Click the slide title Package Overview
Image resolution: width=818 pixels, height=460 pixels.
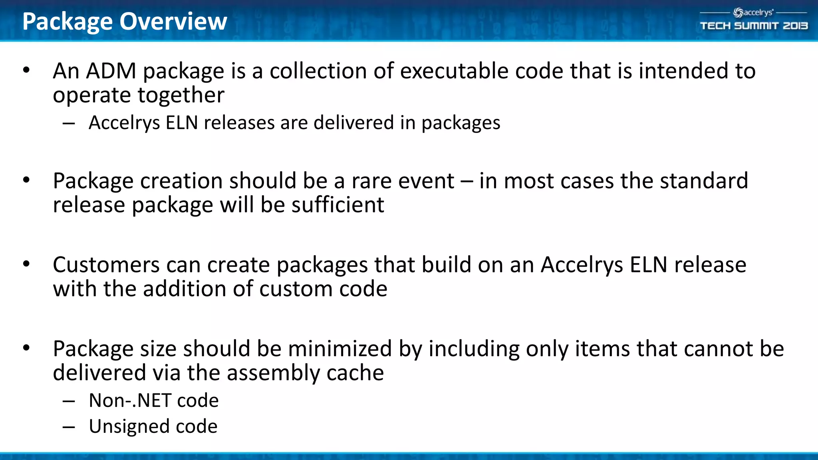(125, 22)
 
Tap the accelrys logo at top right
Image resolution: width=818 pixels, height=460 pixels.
(753, 13)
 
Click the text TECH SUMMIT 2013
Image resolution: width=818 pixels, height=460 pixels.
(754, 26)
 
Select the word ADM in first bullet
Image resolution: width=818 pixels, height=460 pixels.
(111, 71)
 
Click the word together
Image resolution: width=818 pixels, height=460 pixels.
(181, 95)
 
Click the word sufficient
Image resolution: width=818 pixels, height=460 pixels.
(338, 205)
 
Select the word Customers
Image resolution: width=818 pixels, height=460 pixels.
(106, 265)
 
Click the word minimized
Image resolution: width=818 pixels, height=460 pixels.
(340, 349)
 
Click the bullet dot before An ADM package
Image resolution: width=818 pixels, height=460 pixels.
(26, 71)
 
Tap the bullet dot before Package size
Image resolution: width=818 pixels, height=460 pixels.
(26, 348)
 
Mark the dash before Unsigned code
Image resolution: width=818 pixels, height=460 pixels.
(69, 427)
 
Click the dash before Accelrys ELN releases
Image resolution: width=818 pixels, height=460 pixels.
(69, 123)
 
